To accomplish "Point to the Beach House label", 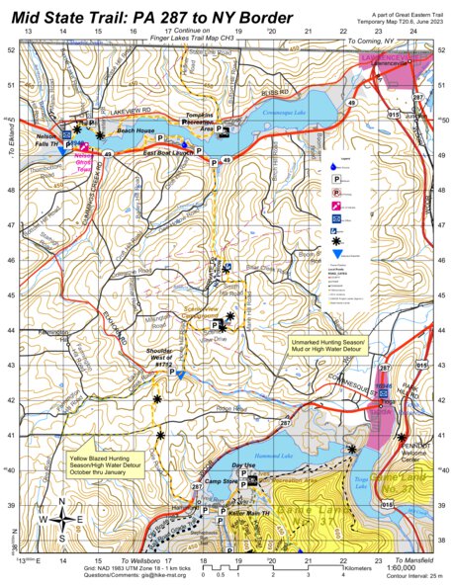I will pos(136,129).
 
